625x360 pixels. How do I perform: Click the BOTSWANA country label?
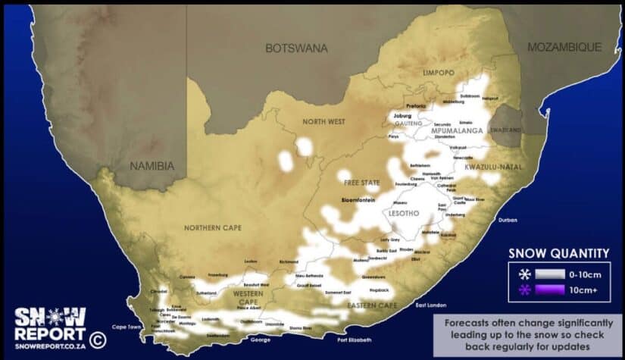[x=296, y=48]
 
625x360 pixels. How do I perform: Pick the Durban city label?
[x=507, y=221]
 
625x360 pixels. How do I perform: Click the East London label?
[x=430, y=305]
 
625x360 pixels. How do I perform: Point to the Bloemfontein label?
[x=345, y=202]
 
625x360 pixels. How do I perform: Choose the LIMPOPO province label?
[x=439, y=73]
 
